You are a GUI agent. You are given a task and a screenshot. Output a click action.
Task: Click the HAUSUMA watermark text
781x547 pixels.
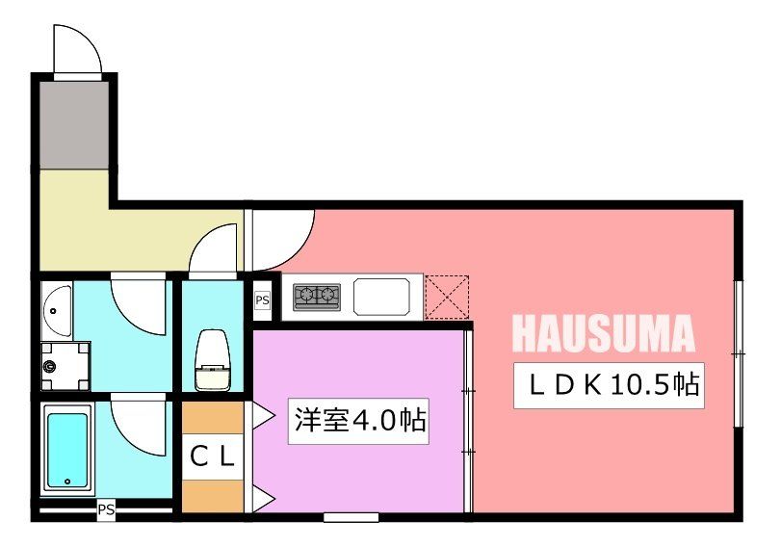pyautogui.click(x=603, y=333)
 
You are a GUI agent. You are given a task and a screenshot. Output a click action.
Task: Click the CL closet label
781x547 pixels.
pyautogui.click(x=212, y=457)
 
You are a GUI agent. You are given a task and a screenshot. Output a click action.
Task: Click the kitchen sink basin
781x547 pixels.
pyautogui.click(x=383, y=296)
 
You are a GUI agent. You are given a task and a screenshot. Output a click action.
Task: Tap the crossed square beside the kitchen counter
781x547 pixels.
pyautogui.click(x=446, y=297)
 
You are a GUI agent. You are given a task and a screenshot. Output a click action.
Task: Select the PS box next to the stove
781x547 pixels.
pyautogui.click(x=262, y=300)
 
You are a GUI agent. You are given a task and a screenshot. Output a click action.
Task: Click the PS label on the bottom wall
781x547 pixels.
pyautogui.click(x=106, y=510)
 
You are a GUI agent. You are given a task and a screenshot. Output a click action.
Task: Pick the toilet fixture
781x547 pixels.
pyautogui.click(x=212, y=359)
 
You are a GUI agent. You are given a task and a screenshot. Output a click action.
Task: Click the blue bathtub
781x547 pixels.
pyautogui.click(x=67, y=449)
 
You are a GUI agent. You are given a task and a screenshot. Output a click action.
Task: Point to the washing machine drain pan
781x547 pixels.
pyautogui.click(x=65, y=366)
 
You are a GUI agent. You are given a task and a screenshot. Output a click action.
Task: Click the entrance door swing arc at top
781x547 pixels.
pyautogui.click(x=77, y=48)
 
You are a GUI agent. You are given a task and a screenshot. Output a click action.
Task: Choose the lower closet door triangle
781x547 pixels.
pyautogui.click(x=261, y=498)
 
